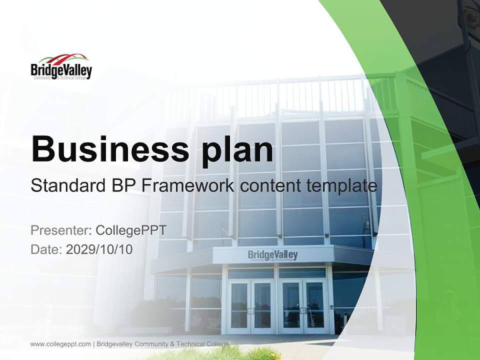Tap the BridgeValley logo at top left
[x=61, y=67]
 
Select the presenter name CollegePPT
[x=131, y=230]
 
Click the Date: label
[x=46, y=249]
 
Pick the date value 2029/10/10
[x=99, y=249]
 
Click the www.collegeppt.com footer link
[x=60, y=344]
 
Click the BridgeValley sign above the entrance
[x=272, y=255]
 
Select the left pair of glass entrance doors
[x=251, y=306]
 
